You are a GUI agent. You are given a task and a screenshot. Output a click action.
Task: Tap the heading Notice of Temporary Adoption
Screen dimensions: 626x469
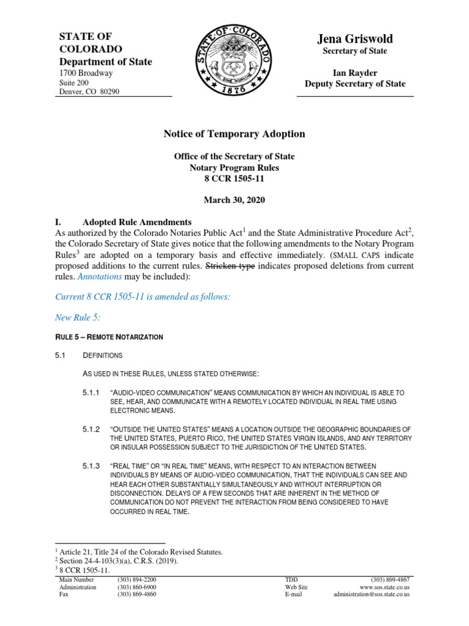pos(234,134)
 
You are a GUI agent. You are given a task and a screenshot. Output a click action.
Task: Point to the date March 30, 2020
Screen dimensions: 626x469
pos(234,200)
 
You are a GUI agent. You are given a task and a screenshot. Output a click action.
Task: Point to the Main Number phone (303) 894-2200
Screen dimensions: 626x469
pos(137,579)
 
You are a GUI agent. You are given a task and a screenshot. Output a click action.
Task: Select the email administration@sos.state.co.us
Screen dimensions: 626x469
pos(371,594)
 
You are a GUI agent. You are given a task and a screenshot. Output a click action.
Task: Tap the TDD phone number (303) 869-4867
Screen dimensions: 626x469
pos(390,579)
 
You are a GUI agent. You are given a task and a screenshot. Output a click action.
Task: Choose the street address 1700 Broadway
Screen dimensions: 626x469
pos(85,73)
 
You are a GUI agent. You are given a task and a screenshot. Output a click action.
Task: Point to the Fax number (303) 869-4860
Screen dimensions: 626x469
pos(137,594)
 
